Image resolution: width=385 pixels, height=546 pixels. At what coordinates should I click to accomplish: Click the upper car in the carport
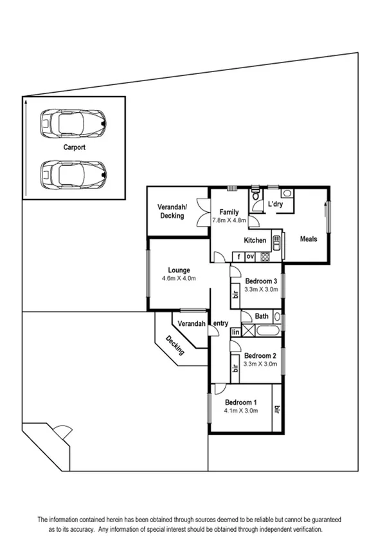pyautogui.click(x=73, y=122)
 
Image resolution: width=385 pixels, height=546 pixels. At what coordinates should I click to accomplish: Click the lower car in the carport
pyautogui.click(x=73, y=173)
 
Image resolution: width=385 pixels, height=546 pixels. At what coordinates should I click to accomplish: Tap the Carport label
pyautogui.click(x=74, y=147)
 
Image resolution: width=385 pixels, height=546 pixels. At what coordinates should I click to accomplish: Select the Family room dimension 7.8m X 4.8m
pyautogui.click(x=229, y=220)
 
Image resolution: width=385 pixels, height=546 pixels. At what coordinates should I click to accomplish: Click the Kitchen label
pyautogui.click(x=255, y=240)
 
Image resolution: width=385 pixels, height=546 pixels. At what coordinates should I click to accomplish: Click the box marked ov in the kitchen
pyautogui.click(x=251, y=256)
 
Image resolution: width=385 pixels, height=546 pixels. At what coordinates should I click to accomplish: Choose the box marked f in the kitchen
pyautogui.click(x=238, y=256)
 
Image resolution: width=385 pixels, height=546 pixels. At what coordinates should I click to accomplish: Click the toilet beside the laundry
pyautogui.click(x=256, y=195)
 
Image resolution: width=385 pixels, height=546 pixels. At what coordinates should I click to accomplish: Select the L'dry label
pyautogui.click(x=275, y=205)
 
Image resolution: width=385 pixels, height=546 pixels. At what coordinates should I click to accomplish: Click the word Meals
pyautogui.click(x=309, y=239)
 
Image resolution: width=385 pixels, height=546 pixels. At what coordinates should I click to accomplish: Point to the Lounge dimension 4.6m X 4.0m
pyautogui.click(x=178, y=278)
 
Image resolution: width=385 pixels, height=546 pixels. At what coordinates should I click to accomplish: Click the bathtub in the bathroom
pyautogui.click(x=267, y=332)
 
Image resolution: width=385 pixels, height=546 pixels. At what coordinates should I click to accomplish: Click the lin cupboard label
pyautogui.click(x=235, y=332)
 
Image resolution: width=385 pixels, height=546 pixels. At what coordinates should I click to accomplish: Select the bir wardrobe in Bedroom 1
pyautogui.click(x=277, y=409)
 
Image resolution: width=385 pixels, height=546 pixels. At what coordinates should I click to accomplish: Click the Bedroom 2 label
pyautogui.click(x=260, y=355)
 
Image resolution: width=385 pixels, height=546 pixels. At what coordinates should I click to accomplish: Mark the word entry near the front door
pyautogui.click(x=220, y=323)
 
